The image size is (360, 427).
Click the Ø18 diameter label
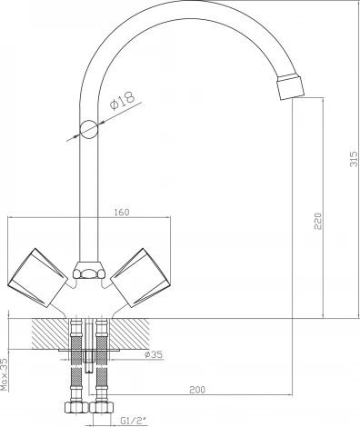123,100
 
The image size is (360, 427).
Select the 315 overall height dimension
354,159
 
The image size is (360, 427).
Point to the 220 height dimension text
317,222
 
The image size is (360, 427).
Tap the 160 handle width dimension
122,213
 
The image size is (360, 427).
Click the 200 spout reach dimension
197,390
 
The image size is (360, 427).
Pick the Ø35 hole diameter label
154,354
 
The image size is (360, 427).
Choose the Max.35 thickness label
5,374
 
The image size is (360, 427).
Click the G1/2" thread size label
134,421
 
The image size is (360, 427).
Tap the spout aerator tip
290,86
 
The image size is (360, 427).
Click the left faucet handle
37,278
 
